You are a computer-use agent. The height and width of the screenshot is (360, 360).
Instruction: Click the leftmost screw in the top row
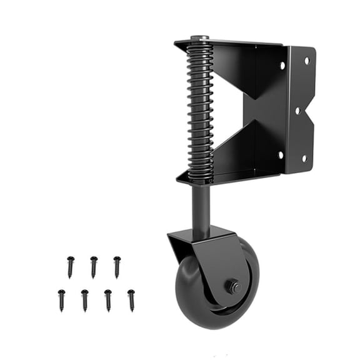click(x=70, y=266)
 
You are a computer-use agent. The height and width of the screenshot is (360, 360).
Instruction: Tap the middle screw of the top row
click(x=93, y=266)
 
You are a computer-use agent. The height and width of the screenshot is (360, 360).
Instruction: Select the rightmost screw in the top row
click(x=117, y=266)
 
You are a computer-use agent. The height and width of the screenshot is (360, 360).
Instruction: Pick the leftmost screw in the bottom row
click(x=61, y=300)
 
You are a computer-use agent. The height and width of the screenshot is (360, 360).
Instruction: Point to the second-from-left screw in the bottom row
click(x=84, y=300)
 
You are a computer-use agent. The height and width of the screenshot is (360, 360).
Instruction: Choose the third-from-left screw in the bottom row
click(x=107, y=300)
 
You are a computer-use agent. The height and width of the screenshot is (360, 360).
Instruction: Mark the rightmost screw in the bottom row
click(x=131, y=300)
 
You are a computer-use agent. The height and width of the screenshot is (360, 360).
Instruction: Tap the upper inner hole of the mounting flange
click(x=282, y=65)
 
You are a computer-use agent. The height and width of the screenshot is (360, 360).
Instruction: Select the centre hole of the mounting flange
click(x=297, y=111)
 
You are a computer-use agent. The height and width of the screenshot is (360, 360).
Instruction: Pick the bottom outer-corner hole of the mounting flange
click(x=304, y=158)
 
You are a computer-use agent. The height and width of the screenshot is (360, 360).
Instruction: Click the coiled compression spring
click(x=200, y=109)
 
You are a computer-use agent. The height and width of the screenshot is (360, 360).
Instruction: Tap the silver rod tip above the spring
click(x=200, y=39)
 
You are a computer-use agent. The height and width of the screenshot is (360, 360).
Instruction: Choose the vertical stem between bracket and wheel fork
click(x=200, y=206)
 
